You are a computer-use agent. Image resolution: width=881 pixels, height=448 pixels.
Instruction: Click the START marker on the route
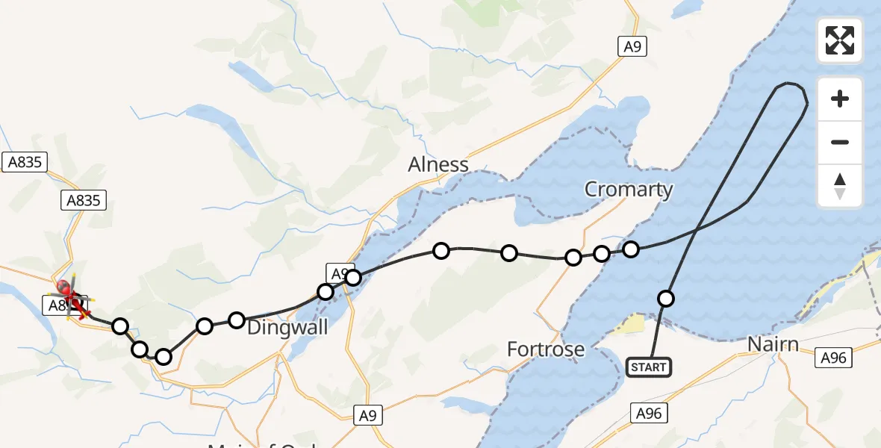(648, 367)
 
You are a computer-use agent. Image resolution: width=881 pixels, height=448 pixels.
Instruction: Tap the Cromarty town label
(629, 190)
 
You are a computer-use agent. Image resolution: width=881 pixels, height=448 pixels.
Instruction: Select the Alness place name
(438, 164)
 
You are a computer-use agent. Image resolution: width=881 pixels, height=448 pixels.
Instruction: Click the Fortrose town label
(545, 349)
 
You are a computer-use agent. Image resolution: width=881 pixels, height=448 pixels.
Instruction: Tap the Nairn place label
(773, 345)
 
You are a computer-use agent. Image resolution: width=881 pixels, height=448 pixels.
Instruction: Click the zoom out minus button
(840, 142)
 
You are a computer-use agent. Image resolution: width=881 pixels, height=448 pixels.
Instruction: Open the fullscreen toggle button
(840, 40)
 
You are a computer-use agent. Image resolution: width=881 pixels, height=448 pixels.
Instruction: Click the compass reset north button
(840, 186)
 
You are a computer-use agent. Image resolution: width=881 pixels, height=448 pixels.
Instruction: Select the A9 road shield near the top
(632, 47)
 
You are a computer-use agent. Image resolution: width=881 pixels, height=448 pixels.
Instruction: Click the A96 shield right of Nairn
(832, 358)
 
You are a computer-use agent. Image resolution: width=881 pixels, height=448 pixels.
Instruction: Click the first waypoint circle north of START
(666, 299)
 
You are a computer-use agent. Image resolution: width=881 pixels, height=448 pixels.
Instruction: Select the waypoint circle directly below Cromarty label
(631, 249)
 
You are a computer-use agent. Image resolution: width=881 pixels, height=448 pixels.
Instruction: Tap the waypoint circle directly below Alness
(441, 251)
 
